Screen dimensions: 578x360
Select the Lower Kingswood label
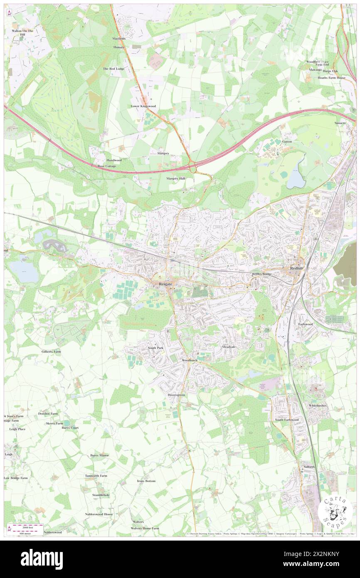pos(143,106)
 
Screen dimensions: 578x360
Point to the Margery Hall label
pos(175,178)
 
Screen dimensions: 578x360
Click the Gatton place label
pos(287,141)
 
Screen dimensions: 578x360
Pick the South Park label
pos(155,348)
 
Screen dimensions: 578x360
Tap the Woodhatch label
pos(189,360)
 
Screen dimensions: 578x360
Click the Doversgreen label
pos(176,394)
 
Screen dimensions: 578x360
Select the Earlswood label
pos(306,324)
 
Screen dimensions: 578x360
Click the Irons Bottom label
pos(146,481)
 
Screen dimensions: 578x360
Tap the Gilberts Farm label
pos(51,351)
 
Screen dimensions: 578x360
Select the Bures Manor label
pos(99,455)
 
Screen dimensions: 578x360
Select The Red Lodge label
pos(113,69)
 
